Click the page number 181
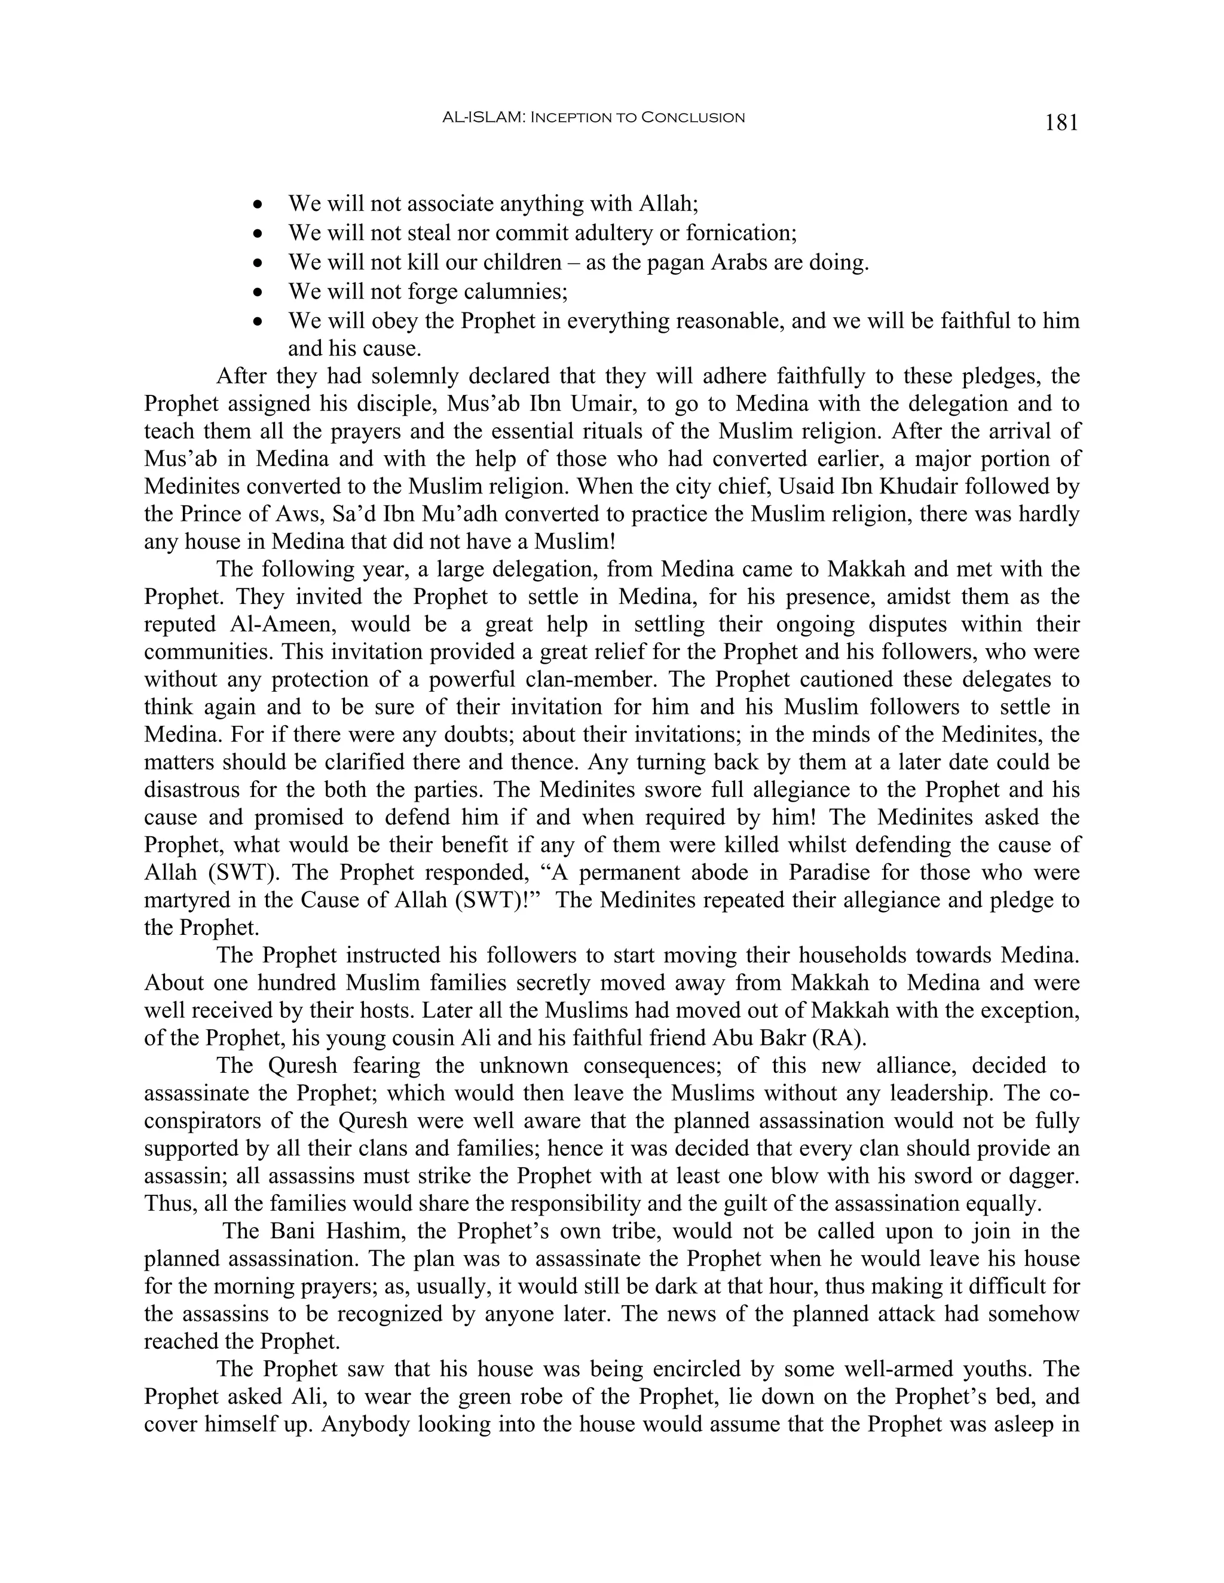click(1061, 122)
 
